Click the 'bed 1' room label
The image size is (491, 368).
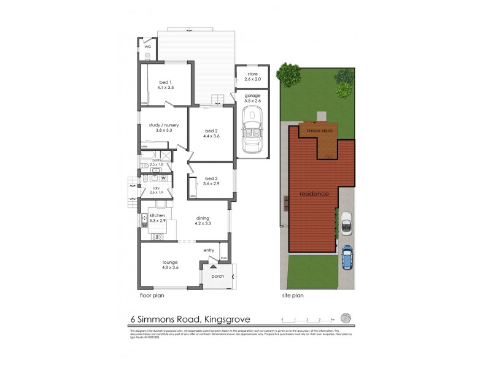point(164,82)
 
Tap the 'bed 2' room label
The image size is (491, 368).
point(211,131)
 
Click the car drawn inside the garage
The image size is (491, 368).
point(252,130)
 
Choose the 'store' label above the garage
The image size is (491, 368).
point(253,74)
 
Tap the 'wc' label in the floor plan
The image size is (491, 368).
point(147,47)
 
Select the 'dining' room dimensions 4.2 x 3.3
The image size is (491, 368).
point(203,223)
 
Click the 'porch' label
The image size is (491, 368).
point(218,276)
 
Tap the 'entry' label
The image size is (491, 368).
point(209,250)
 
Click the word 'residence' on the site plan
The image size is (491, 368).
point(314,194)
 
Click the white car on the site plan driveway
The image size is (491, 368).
point(346,222)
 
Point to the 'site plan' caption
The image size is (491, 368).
point(292,295)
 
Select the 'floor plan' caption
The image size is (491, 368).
point(152,295)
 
